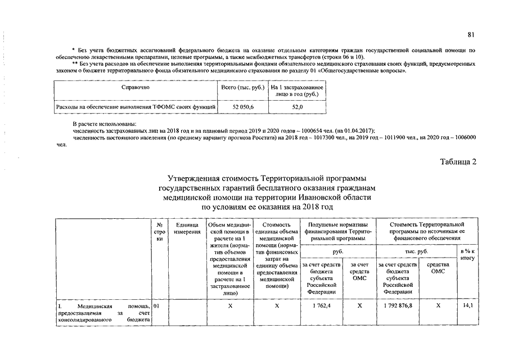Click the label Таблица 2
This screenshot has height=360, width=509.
(x=458, y=163)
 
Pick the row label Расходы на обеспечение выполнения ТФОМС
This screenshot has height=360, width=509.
(x=135, y=106)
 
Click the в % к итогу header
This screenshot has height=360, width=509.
(x=467, y=254)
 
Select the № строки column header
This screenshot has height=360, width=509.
(x=159, y=232)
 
